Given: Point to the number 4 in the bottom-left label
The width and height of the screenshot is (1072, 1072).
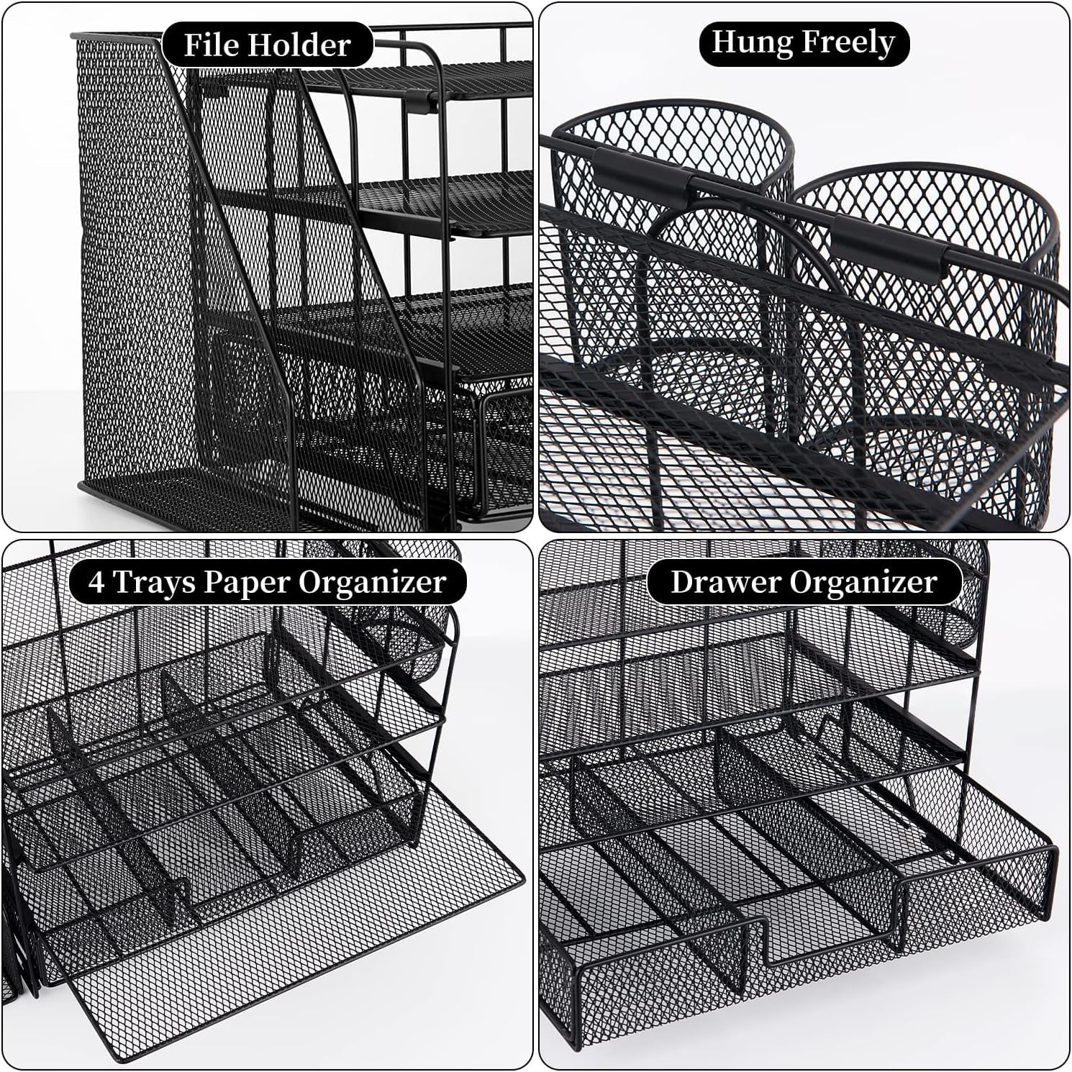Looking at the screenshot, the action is tap(96, 582).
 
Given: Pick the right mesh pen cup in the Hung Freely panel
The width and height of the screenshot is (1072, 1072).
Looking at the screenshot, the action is tap(928, 338).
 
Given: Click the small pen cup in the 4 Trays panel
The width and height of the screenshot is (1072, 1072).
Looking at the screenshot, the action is tap(406, 633).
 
